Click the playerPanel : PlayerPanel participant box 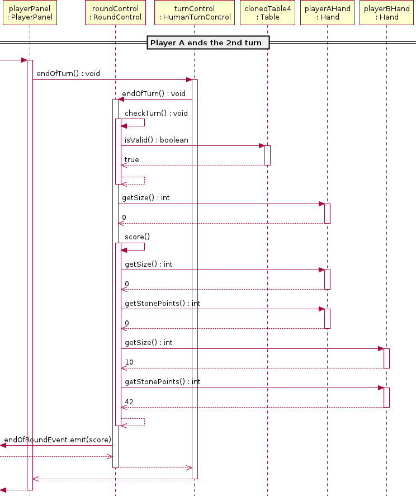pos(30,13)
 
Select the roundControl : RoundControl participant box pos(116,13)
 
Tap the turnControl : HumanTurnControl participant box pos(195,13)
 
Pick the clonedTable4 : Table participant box pos(268,13)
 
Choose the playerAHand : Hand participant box pos(328,13)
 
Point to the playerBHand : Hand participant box pos(386,13)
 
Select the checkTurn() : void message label pos(156,114)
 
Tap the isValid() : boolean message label pos(156,140)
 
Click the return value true pos(131,160)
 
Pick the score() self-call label pos(138,237)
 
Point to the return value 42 pos(129,402)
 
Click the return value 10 pos(129,362)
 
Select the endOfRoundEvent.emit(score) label pos(58,440)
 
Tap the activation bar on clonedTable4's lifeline pos(268,155)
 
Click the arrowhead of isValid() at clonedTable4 pos(262,146)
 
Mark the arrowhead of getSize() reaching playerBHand pos(381,349)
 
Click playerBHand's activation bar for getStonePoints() pos(386,398)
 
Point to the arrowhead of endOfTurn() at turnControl pos(189,80)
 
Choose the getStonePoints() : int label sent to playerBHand pos(163,382)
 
